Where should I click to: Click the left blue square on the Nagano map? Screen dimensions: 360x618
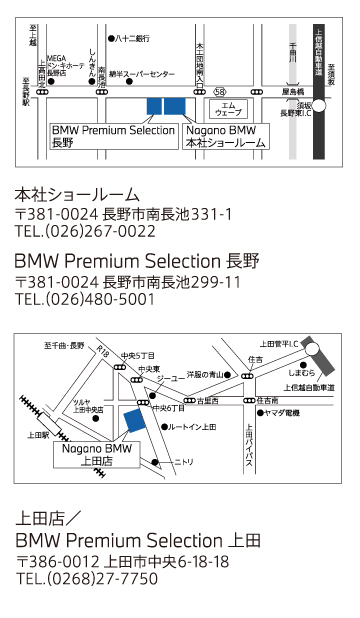pos(154,107)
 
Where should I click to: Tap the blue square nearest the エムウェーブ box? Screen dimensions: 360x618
pos(175,107)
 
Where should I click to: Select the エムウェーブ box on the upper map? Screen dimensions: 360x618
pos(228,109)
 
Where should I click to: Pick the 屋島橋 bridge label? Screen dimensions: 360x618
pos(292,90)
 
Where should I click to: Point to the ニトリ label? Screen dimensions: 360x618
pos(183,462)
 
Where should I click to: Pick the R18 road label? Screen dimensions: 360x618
pos(104,351)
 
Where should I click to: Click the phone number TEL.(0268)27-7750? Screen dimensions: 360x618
pos(87,579)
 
